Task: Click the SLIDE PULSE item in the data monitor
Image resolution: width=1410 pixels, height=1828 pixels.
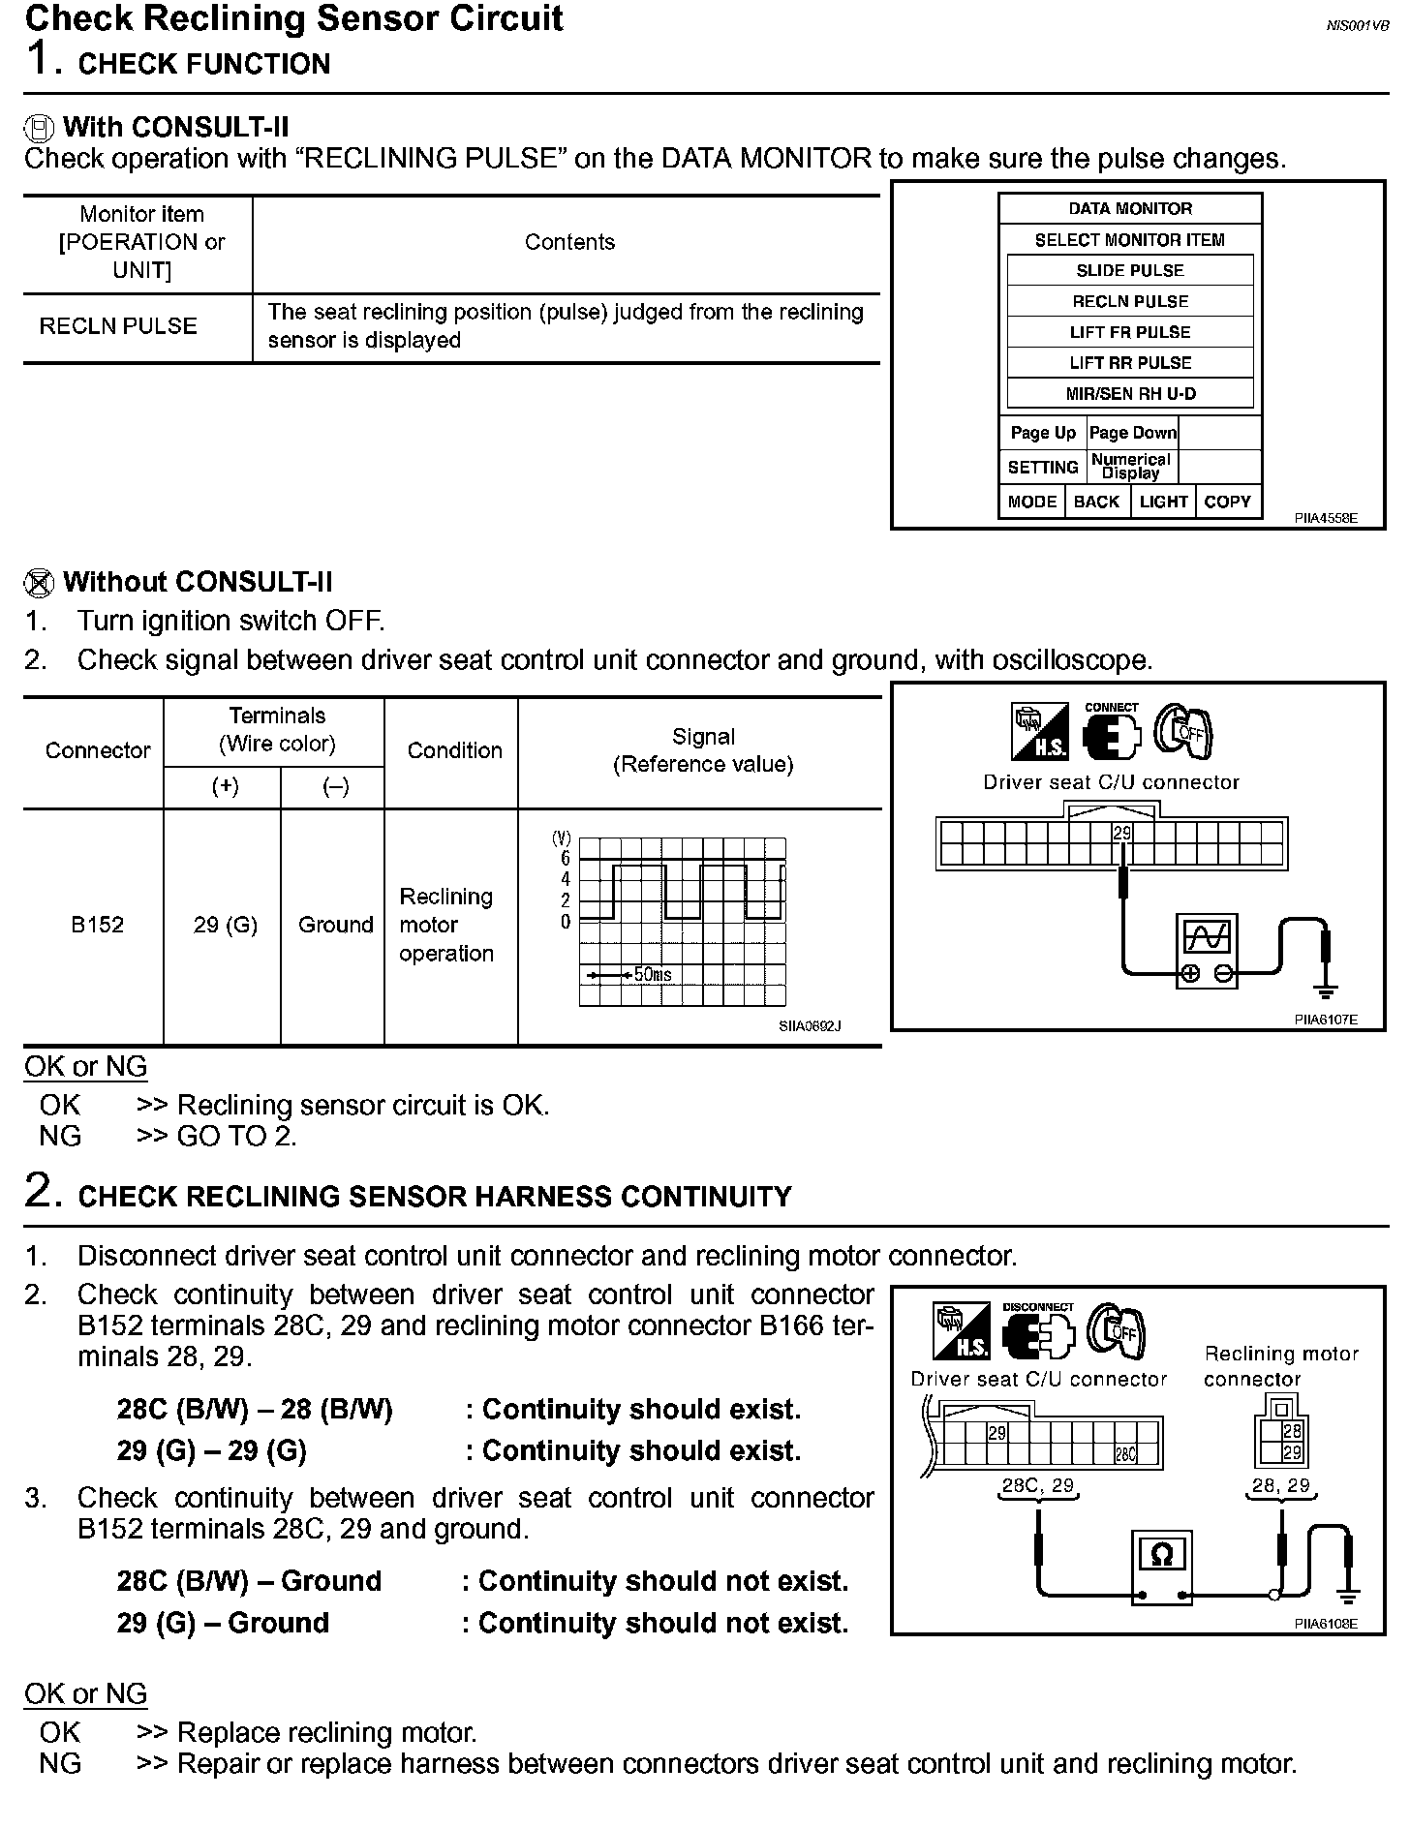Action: pyautogui.click(x=1130, y=270)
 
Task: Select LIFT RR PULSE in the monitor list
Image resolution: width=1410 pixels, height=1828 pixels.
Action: pyautogui.click(x=1130, y=363)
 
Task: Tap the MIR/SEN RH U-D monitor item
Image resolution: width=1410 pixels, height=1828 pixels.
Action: pyautogui.click(x=1130, y=394)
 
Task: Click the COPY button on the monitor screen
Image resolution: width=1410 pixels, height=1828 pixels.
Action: pyautogui.click(x=1227, y=502)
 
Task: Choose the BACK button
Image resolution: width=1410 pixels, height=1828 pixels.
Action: pyautogui.click(x=1096, y=502)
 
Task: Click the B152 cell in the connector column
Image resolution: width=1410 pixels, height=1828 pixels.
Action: pyautogui.click(x=97, y=925)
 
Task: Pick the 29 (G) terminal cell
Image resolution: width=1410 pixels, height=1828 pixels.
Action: pyautogui.click(x=225, y=925)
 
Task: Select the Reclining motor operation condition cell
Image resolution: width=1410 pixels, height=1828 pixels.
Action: pyautogui.click(x=446, y=925)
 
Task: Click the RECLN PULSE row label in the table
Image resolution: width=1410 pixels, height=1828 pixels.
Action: pyautogui.click(x=118, y=326)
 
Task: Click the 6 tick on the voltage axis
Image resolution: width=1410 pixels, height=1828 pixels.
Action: pyautogui.click(x=566, y=859)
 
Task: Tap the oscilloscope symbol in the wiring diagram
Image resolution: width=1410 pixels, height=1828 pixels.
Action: pyautogui.click(x=1207, y=950)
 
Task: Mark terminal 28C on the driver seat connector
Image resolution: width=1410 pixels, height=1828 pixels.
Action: pyautogui.click(x=1125, y=1453)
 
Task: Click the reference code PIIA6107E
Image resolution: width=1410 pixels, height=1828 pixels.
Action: pyautogui.click(x=1326, y=1020)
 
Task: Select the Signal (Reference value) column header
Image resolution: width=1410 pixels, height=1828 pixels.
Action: pyautogui.click(x=703, y=750)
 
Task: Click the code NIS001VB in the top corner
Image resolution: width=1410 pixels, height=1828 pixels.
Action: pyautogui.click(x=1357, y=26)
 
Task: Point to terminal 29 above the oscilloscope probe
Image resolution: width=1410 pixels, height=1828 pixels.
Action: pyautogui.click(x=1121, y=833)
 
